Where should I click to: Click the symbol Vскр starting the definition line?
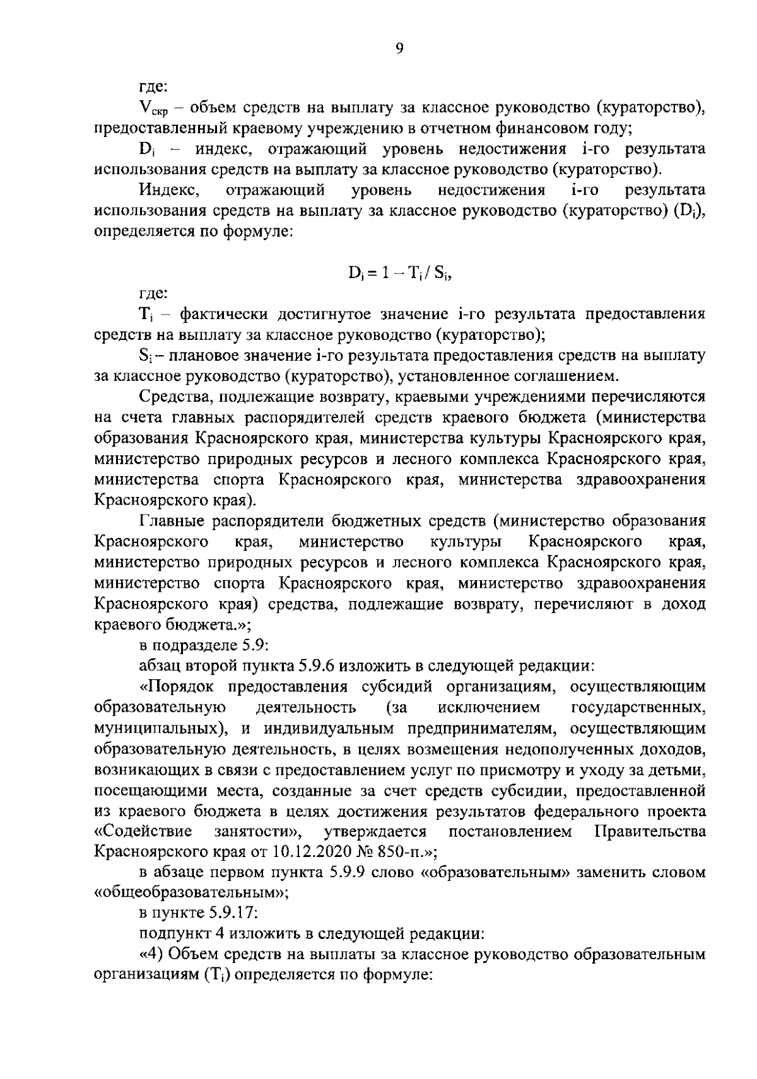tap(150, 109)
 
